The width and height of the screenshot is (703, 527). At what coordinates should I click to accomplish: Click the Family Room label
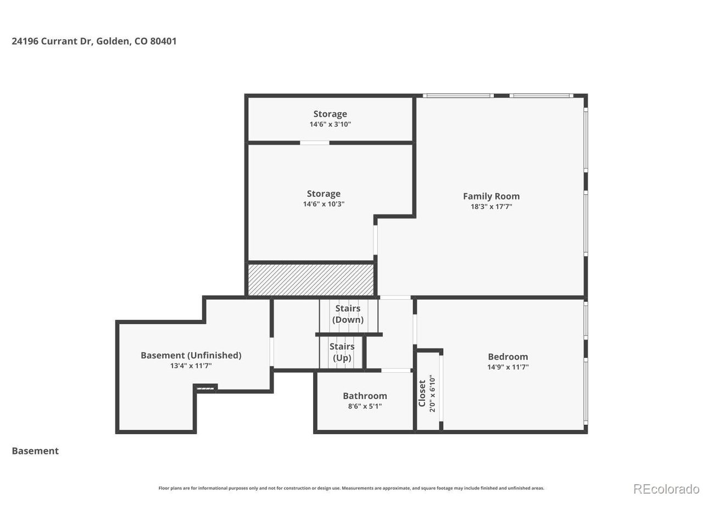491,196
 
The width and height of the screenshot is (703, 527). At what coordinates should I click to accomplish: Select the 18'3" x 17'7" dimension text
491,207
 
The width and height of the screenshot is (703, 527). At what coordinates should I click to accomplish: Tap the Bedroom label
507,357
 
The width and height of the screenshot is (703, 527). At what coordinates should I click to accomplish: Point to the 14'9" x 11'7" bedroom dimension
507,367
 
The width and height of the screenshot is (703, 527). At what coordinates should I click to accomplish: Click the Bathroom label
365,396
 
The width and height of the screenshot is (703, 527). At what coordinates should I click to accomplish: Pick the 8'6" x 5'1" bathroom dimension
365,406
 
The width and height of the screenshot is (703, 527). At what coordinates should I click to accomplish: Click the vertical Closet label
422,393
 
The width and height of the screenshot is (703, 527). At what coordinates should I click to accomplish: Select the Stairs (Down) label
348,314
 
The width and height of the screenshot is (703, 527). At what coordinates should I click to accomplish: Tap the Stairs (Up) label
342,352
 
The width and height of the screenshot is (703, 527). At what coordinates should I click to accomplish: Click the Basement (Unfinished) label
191,355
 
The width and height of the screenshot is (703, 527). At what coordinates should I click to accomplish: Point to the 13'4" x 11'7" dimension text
191,366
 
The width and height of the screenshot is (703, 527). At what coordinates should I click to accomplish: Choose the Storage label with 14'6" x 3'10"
330,114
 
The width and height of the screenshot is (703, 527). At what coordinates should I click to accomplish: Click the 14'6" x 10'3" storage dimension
323,204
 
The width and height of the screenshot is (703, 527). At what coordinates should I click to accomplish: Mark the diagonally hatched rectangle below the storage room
311,279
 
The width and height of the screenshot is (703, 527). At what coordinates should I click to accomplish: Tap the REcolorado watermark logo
666,489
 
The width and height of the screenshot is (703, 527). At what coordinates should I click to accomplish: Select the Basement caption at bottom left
35,451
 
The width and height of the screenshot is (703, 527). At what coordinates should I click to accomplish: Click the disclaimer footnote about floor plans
351,488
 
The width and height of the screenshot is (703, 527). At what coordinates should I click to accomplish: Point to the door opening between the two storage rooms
315,143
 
